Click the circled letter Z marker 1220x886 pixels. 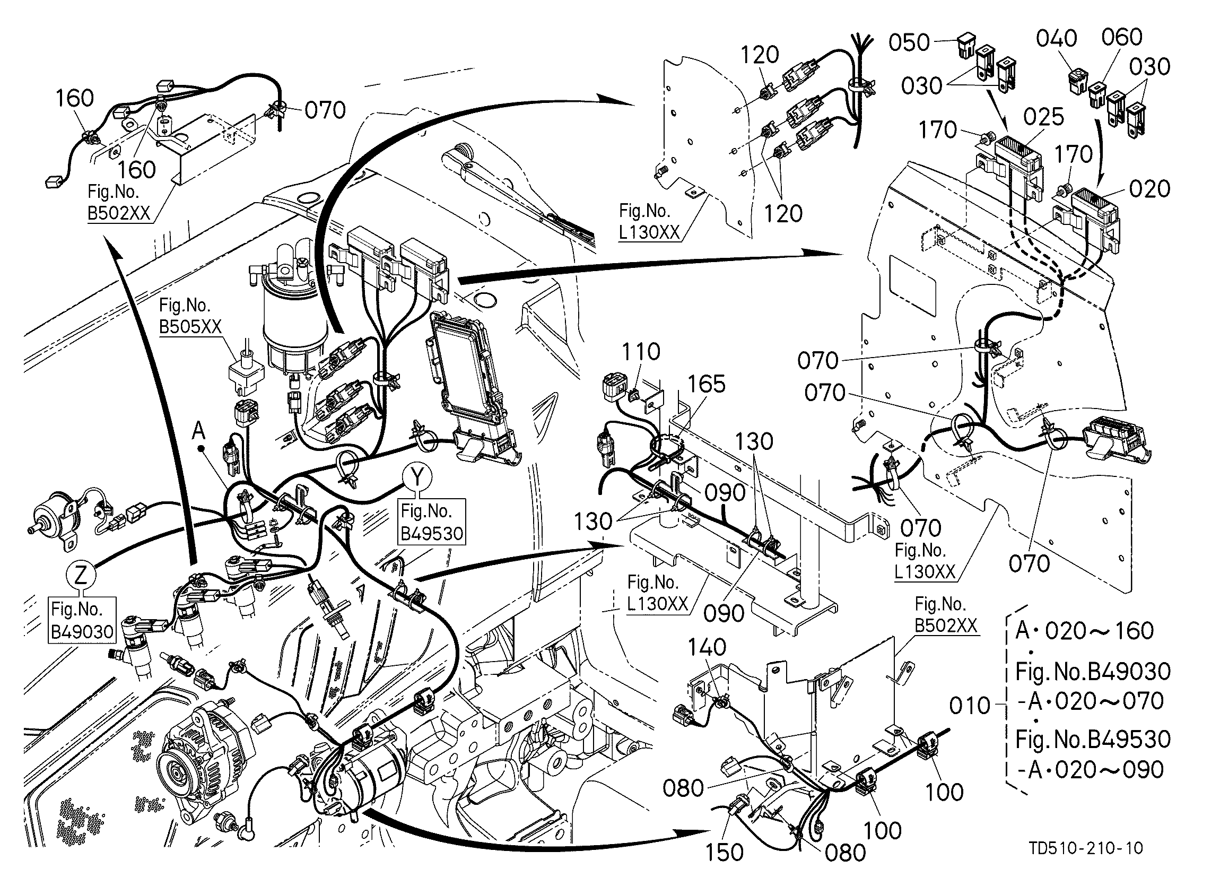click(81, 577)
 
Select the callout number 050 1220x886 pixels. click(909, 42)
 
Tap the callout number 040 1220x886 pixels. click(1057, 38)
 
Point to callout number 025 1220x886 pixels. click(1043, 117)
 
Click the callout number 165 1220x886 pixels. click(707, 384)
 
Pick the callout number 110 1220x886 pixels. click(641, 352)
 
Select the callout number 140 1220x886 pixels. click(707, 647)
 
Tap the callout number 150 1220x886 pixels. click(724, 852)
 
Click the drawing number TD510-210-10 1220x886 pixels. click(1085, 848)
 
